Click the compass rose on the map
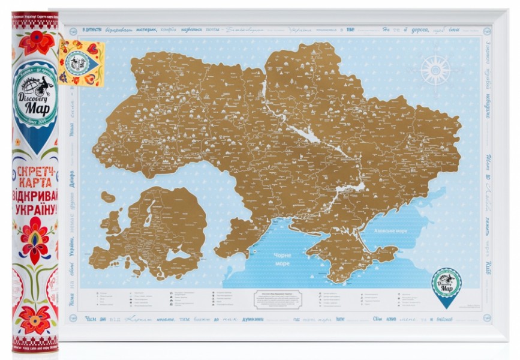[x=435, y=70]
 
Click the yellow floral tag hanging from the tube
[x=82, y=62]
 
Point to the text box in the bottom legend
[x=277, y=299]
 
